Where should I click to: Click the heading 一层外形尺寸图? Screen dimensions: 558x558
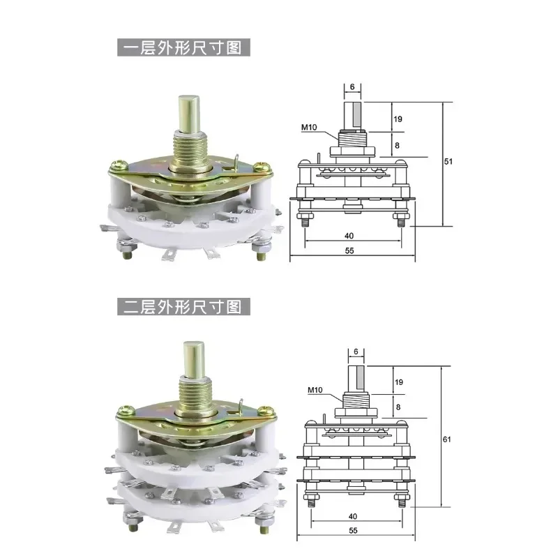click(x=183, y=47)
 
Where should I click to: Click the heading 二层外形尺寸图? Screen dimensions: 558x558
click(x=183, y=306)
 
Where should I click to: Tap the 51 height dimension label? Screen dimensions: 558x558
click(x=448, y=161)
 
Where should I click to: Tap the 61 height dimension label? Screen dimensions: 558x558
click(x=447, y=439)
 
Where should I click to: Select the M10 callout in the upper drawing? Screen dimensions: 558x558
click(x=309, y=127)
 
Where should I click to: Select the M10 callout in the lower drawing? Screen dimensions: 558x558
click(x=315, y=390)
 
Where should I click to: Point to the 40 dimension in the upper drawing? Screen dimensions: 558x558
click(x=349, y=236)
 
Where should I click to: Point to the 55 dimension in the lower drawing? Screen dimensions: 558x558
click(x=353, y=530)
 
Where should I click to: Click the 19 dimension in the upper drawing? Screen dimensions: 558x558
click(x=398, y=119)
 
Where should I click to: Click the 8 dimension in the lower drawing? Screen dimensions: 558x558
click(x=398, y=407)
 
